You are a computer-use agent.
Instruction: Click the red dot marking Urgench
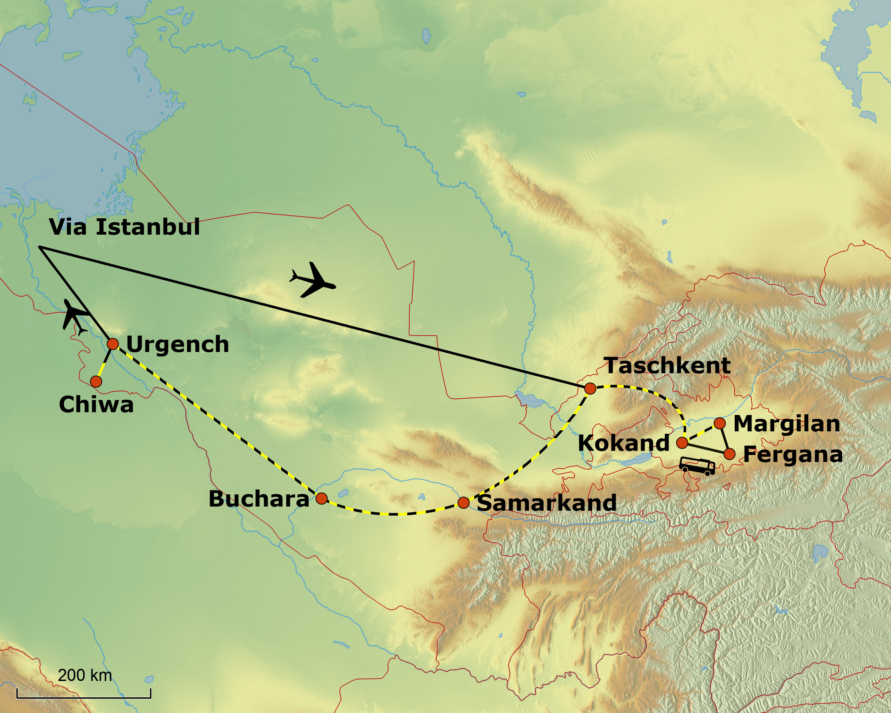coord(113,344)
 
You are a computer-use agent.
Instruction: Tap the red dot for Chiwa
coord(96,381)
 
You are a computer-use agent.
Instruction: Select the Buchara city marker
coord(322,499)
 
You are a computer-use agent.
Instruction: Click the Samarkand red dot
coord(464,503)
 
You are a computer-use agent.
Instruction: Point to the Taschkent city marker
coord(590,389)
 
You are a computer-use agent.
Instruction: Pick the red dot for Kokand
coord(682,443)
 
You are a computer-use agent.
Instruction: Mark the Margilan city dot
coord(719,423)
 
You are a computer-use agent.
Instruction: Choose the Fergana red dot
coord(730,454)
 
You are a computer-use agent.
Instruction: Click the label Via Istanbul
coord(124,227)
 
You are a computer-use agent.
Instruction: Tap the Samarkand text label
coord(546,503)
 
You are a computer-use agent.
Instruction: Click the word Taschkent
coord(668,366)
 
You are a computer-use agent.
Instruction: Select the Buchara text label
coord(259,499)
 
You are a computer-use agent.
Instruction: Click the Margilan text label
coord(787,424)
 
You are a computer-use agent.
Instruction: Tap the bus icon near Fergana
coord(697,466)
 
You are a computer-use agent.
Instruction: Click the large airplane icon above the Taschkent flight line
coord(313,280)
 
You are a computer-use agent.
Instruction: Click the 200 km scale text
coord(85,675)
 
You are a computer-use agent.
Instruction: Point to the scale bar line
coord(84,698)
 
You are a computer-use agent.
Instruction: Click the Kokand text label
coord(623,443)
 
